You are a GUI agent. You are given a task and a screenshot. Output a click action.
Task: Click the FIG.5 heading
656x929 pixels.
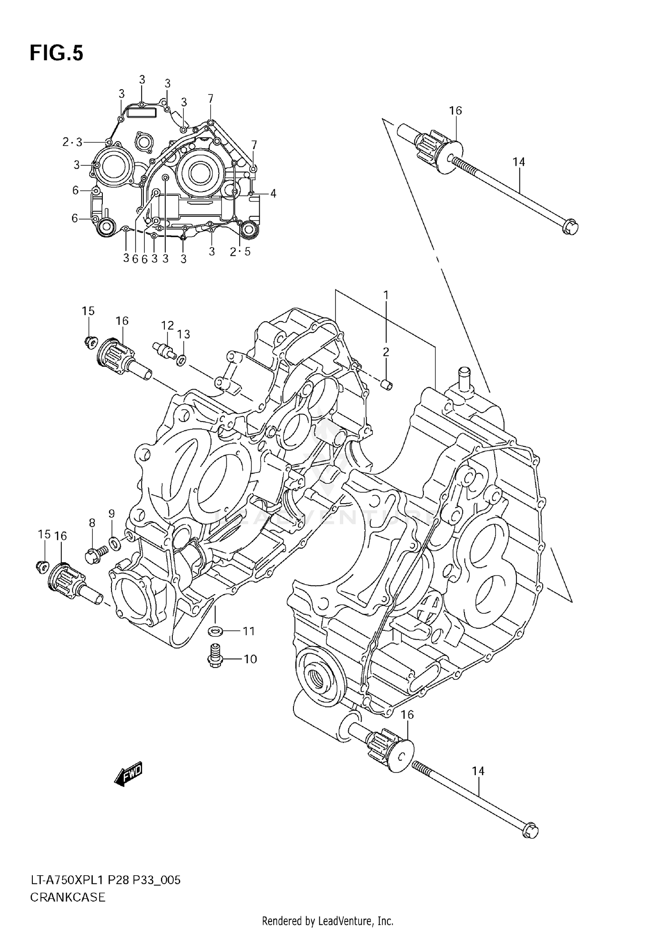pyautogui.click(x=56, y=53)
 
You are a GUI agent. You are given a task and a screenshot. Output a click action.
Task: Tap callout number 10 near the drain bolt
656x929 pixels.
pyautogui.click(x=250, y=659)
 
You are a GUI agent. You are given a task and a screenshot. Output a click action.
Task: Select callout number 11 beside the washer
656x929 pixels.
pyautogui.click(x=248, y=631)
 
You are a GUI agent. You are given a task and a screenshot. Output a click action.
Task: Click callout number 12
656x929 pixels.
pyautogui.click(x=167, y=325)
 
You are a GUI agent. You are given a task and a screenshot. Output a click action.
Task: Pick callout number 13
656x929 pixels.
pyautogui.click(x=184, y=334)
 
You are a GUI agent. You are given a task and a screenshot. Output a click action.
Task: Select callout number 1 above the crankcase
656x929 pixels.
pyautogui.click(x=386, y=296)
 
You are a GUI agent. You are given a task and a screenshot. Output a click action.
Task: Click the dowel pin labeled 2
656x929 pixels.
pyautogui.click(x=387, y=384)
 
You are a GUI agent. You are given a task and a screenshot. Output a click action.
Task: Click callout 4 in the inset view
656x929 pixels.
pyautogui.click(x=273, y=193)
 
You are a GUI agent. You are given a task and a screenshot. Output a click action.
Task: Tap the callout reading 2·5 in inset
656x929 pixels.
pyautogui.click(x=240, y=251)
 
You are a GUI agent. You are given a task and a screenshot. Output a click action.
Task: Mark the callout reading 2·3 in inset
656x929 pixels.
pyautogui.click(x=72, y=142)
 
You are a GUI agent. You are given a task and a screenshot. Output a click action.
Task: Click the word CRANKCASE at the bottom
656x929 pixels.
pyautogui.click(x=67, y=897)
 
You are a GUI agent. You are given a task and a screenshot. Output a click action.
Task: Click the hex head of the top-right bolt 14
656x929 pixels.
pyautogui.click(x=570, y=227)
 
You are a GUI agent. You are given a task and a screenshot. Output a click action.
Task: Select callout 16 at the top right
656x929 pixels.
pyautogui.click(x=455, y=111)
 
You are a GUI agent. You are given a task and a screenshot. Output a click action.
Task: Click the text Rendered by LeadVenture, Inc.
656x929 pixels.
pyautogui.click(x=328, y=921)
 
